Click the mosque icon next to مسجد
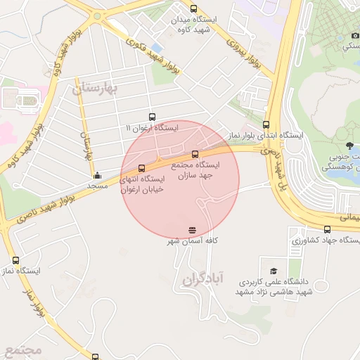pyautogui.click(x=97, y=175)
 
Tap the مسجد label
pyautogui.click(x=97, y=186)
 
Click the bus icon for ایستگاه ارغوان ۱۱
pyautogui.click(x=152, y=117)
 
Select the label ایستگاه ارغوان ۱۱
pyautogui.click(x=152, y=128)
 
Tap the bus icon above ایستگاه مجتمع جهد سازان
pyautogui.click(x=195, y=154)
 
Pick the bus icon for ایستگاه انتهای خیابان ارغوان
pyautogui.click(x=143, y=169)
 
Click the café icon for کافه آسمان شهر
pyautogui.click(x=192, y=230)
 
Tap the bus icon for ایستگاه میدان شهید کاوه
pyautogui.click(x=193, y=9)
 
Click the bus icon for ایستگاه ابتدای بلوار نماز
pyautogui.click(x=266, y=124)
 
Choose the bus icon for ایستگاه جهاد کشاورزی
pyautogui.click(x=327, y=229)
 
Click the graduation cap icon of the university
pyautogui.click(x=274, y=271)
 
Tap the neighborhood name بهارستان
pyautogui.click(x=97, y=88)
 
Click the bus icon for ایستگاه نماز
pyautogui.click(x=16, y=260)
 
